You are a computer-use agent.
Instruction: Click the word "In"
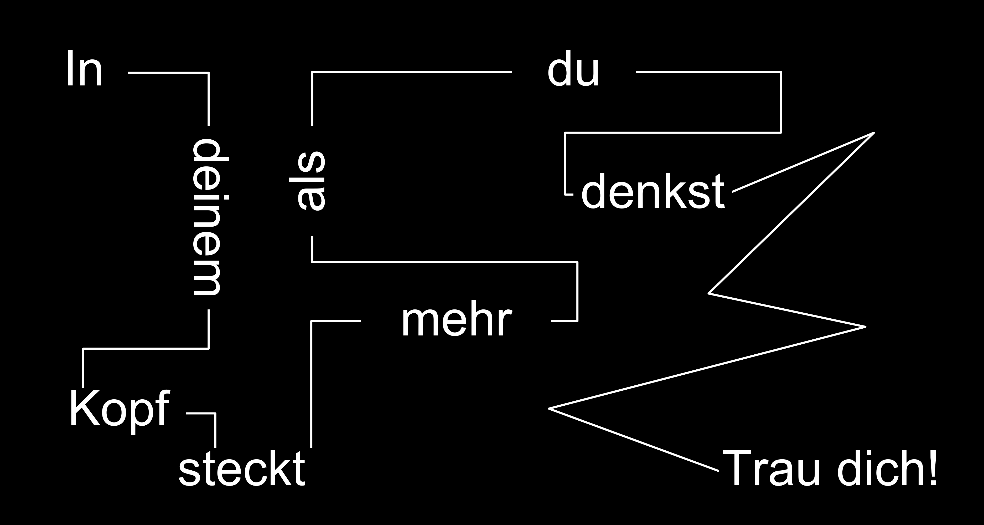click(84, 69)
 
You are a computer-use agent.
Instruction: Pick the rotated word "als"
click(308, 181)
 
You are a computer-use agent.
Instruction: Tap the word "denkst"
click(652, 191)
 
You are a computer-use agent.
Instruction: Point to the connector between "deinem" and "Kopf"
click(145, 349)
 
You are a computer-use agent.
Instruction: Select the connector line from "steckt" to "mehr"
click(312, 382)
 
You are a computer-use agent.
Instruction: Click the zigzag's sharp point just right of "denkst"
click(874, 133)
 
